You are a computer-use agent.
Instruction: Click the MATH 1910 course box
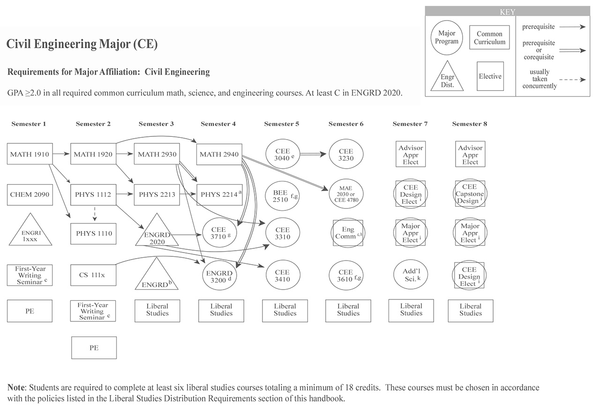30,154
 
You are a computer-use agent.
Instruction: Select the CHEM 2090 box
30,194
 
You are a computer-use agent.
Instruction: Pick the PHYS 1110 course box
94,233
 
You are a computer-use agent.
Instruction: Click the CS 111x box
93,275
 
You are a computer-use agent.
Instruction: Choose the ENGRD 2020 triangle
157,234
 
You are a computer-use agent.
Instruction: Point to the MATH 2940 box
219,154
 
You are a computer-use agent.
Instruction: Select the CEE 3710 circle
219,233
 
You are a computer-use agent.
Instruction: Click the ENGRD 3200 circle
219,275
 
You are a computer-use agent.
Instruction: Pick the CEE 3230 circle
346,155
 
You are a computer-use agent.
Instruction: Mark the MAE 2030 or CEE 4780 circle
346,194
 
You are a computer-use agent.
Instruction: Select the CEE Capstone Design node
470,194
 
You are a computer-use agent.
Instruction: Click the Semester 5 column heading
281,124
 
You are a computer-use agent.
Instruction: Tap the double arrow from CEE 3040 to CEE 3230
313,154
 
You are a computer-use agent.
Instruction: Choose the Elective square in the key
490,76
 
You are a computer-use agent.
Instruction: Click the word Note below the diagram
17,388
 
